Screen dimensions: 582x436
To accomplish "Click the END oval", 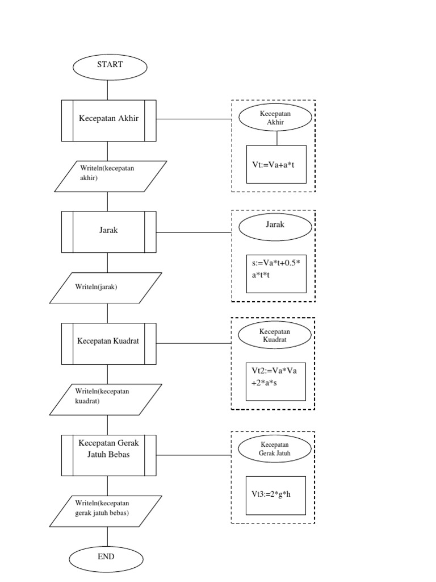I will tap(106, 557).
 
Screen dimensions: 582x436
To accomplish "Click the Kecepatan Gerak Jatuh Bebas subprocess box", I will tap(109, 455).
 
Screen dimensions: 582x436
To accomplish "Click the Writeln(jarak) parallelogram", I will tap(106, 288).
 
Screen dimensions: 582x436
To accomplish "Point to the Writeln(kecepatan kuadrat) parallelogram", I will tap(106, 399).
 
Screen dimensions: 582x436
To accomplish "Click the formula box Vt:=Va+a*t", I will tap(276, 164).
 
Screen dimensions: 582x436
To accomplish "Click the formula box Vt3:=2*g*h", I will tap(276, 495).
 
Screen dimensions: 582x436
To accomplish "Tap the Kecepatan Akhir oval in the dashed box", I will tap(275, 118).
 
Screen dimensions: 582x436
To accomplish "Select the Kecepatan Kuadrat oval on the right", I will tap(275, 335).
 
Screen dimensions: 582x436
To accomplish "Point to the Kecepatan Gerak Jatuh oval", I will tap(275, 450).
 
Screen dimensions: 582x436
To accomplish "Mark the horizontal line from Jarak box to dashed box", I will tap(194, 232).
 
